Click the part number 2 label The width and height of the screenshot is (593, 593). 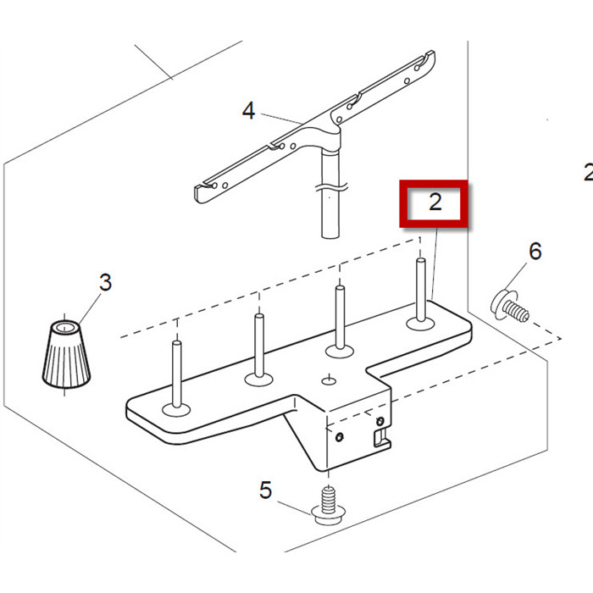[x=435, y=202]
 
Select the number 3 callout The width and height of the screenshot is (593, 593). [x=105, y=282]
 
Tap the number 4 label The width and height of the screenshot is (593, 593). [x=248, y=110]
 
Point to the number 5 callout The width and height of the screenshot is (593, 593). [x=266, y=490]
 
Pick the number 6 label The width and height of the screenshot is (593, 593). [x=535, y=251]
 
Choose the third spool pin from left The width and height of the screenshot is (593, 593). [x=340, y=317]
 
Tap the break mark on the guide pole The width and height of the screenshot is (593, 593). [x=330, y=184]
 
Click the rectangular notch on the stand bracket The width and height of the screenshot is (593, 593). [x=380, y=437]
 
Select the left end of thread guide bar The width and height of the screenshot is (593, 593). [x=203, y=191]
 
